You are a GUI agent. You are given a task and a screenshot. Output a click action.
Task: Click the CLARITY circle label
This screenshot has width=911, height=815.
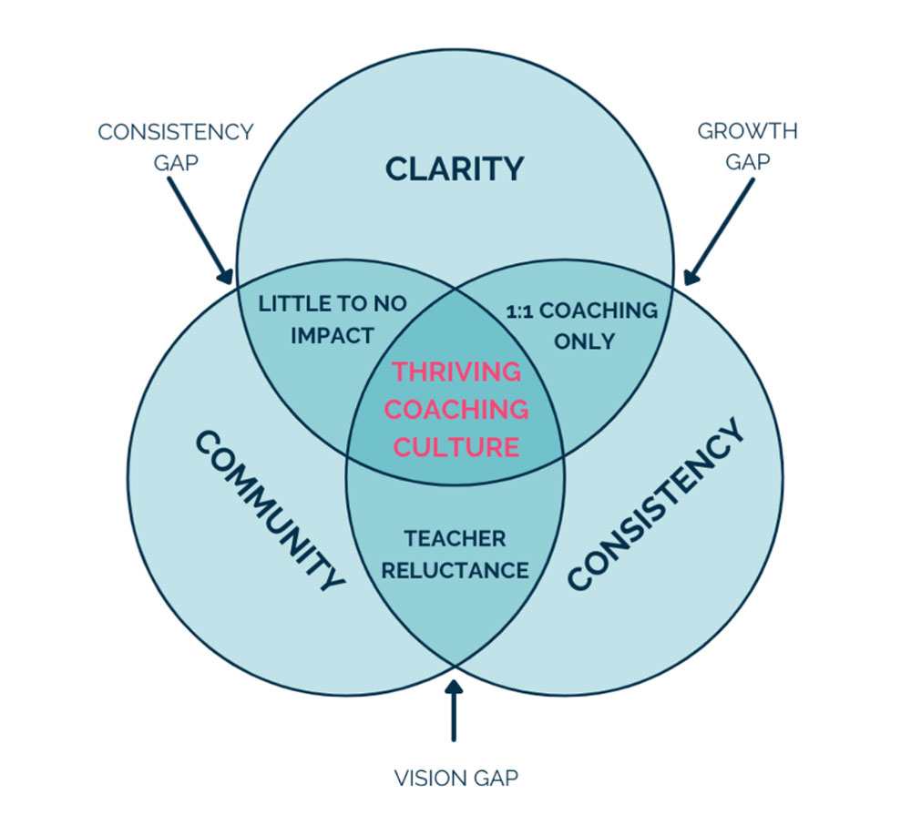455,168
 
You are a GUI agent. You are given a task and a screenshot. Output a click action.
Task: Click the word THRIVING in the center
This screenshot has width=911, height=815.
456,372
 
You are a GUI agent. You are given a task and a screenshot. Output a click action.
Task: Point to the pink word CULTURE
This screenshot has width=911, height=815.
456,447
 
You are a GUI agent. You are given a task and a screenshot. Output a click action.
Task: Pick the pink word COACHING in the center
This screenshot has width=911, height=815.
456,409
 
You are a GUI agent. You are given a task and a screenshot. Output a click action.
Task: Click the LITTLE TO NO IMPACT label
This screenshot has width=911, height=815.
333,319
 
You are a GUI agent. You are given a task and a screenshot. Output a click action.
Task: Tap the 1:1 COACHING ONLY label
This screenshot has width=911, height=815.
581,325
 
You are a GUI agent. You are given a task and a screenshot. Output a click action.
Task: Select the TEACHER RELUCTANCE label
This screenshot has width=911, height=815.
455,554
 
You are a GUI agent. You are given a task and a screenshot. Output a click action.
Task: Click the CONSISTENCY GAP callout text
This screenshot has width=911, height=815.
175,147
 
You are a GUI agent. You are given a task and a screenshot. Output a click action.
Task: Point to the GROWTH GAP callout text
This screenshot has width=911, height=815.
747,147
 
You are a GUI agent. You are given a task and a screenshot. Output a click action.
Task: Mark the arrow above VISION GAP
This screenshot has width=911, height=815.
454,709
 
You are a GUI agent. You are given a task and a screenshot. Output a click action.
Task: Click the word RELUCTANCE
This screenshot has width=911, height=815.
455,570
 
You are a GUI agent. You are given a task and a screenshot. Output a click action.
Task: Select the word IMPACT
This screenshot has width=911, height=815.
333,335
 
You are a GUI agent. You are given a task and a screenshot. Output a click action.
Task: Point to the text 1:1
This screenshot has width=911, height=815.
522,311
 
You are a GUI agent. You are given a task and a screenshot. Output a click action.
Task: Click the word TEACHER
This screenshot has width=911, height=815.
455,538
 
